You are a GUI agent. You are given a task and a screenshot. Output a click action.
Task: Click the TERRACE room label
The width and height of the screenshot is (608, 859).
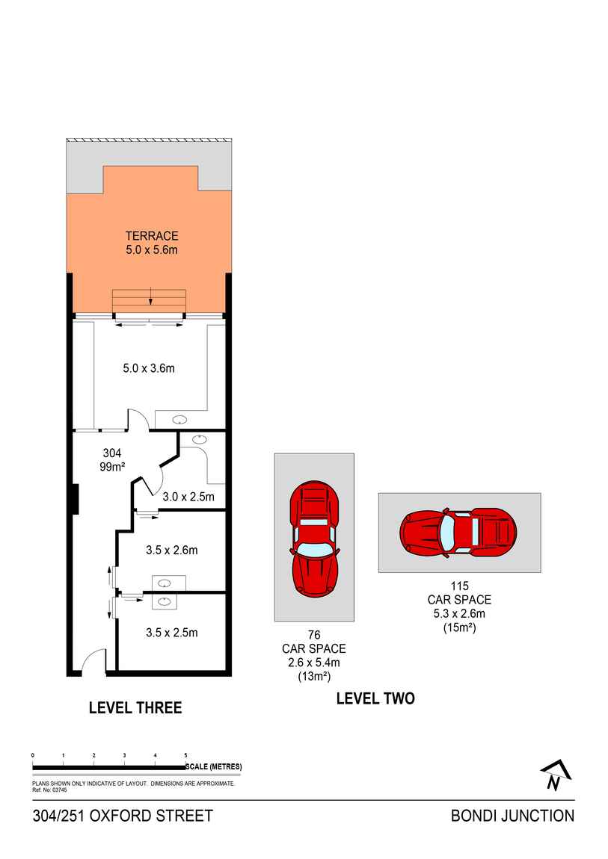pyautogui.click(x=152, y=236)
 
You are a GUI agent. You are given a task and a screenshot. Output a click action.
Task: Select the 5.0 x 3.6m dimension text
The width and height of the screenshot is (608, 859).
pyautogui.click(x=149, y=368)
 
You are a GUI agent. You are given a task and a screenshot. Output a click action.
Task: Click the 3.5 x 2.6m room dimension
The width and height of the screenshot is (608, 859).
pyautogui.click(x=171, y=551)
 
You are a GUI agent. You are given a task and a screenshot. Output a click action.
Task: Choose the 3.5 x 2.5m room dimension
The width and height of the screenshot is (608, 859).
pyautogui.click(x=171, y=633)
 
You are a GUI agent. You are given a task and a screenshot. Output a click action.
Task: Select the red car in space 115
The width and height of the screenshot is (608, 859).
pyautogui.click(x=458, y=533)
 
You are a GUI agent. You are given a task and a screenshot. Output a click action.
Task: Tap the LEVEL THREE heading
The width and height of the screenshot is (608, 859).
pyautogui.click(x=135, y=707)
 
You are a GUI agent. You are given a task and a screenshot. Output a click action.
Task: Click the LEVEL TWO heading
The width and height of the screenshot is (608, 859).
pyautogui.click(x=375, y=698)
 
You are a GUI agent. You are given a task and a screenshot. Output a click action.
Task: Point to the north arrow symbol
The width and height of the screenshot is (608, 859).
pyautogui.click(x=554, y=777)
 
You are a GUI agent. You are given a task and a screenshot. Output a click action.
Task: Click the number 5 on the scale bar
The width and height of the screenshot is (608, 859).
pyautogui.click(x=185, y=756)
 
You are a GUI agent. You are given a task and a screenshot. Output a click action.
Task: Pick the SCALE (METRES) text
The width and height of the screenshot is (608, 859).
pyautogui.click(x=214, y=767)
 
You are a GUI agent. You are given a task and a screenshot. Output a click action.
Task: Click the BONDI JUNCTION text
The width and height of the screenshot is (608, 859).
pyautogui.click(x=512, y=816)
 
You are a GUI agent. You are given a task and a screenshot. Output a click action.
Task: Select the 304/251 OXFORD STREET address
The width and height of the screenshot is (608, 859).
pyautogui.click(x=123, y=816)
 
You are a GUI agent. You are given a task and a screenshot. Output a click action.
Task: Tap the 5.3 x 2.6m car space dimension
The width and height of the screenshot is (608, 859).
pyautogui.click(x=459, y=613)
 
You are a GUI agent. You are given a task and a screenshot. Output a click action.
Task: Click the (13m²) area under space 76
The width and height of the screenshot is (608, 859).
pyautogui.click(x=314, y=676)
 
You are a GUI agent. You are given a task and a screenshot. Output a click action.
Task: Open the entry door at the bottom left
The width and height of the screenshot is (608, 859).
pyautogui.click(x=92, y=663)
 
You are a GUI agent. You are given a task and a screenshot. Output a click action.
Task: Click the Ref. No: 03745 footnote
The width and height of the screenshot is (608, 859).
pyautogui.click(x=50, y=790)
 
